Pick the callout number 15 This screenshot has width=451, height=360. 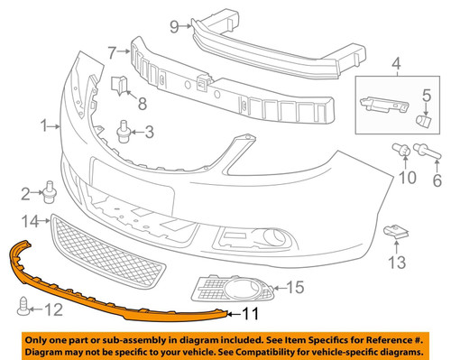pyautogui.click(x=294, y=289)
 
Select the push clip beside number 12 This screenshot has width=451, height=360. pyautogui.click(x=23, y=309)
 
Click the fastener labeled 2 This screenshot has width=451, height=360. pyautogui.click(x=50, y=191)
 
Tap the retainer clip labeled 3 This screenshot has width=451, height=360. pyautogui.click(x=123, y=133)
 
